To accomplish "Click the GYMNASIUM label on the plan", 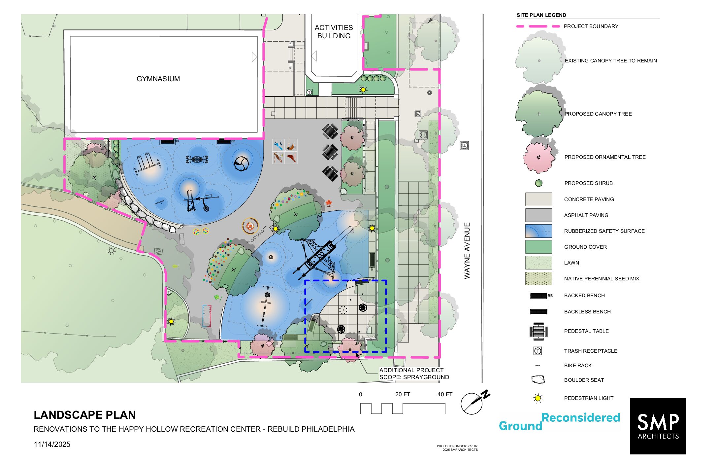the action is [158, 79].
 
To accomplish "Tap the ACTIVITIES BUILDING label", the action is [334, 32].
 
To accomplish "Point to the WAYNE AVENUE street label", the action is [467, 251].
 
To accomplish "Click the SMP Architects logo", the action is [658, 426].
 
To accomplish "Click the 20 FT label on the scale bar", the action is [403, 394].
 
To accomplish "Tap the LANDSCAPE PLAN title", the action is [85, 415].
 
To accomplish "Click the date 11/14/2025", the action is [52, 445].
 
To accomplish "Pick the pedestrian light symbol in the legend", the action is [538, 398].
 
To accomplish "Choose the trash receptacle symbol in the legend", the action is [538, 351].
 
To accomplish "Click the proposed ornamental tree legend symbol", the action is [539, 157].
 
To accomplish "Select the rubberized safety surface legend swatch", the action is [538, 231].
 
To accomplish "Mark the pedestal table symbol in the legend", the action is [538, 331].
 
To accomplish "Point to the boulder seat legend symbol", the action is [538, 380].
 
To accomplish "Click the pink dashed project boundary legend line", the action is [538, 26].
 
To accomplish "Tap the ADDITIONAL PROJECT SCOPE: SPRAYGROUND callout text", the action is [414, 374].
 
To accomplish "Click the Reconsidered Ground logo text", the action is [559, 422].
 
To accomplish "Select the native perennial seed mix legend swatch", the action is [538, 279].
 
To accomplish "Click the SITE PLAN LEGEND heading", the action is [541, 15].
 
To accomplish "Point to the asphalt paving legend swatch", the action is [538, 215].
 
